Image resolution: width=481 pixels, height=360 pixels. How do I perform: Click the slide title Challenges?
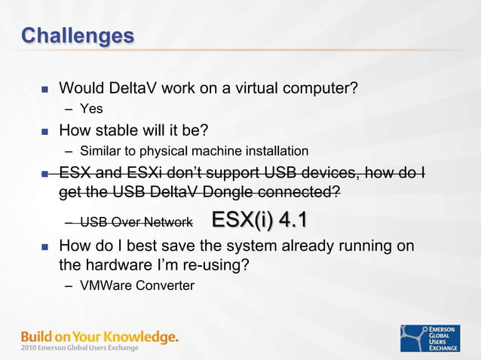[x=78, y=35]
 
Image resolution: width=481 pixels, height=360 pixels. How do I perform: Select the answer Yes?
[x=91, y=109]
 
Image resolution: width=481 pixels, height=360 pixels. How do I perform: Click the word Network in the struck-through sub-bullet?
[x=170, y=223]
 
